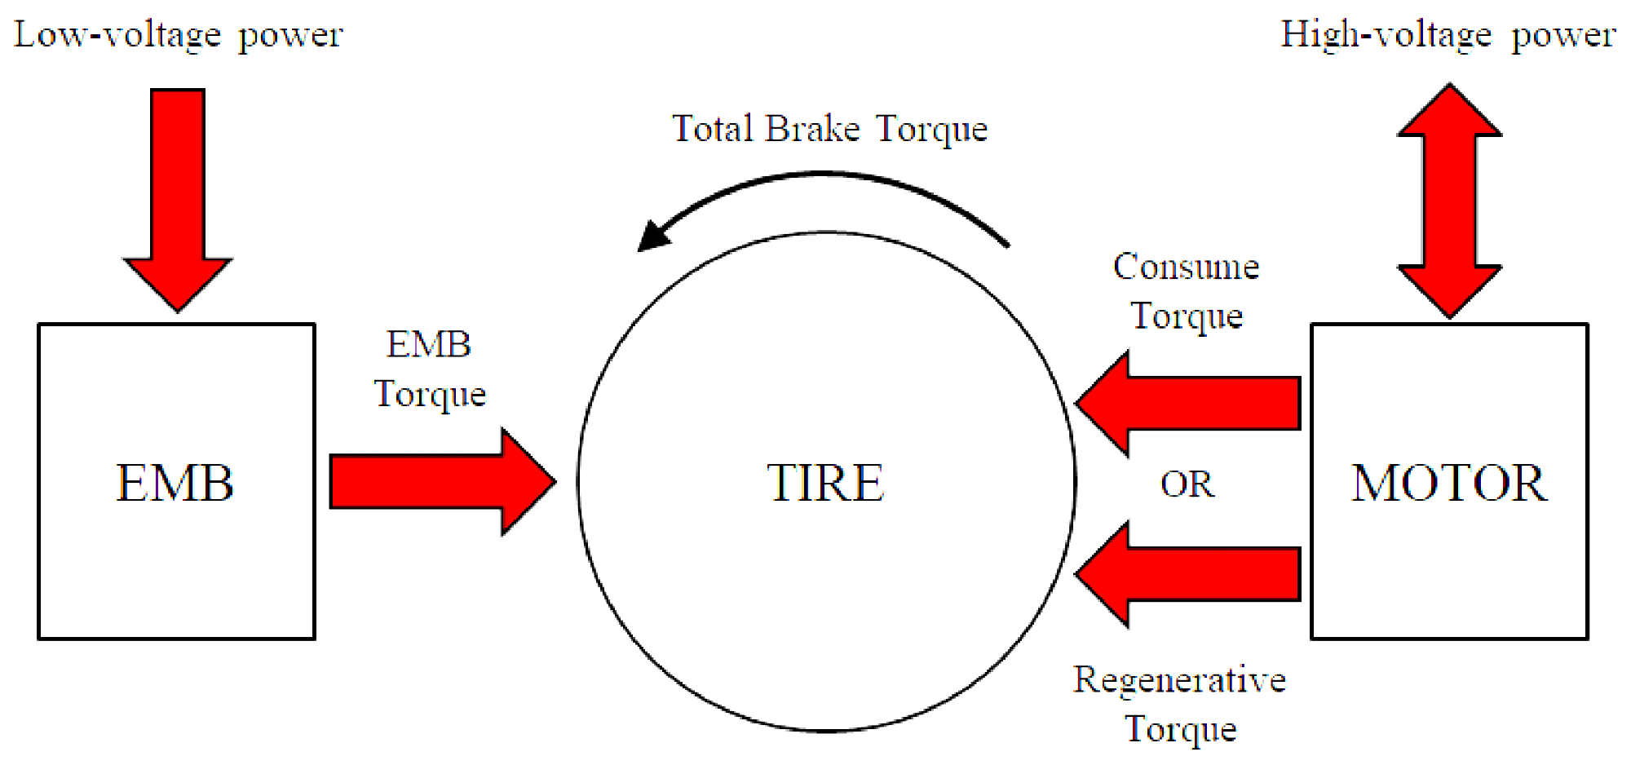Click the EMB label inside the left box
point(175,483)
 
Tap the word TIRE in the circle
point(825,483)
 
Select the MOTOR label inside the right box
point(1449,483)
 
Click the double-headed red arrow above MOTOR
point(1449,201)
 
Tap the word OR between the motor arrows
point(1187,484)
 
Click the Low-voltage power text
point(179,35)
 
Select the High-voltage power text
point(1448,35)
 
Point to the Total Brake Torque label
point(829,129)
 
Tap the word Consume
point(1186,267)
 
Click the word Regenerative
point(1179,679)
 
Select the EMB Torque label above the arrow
point(430,369)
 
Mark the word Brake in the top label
point(813,129)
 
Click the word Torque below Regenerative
point(1180,729)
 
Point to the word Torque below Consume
point(1187,316)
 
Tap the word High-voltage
point(1386,35)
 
